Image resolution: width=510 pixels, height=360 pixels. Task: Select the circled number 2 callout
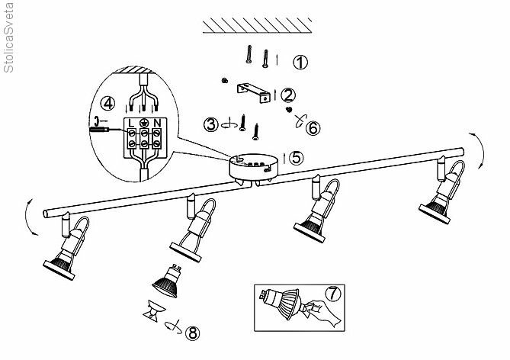(287, 95)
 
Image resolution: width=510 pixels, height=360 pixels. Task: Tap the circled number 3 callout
(210, 124)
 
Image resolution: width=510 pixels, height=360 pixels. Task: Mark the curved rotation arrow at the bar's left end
(29, 218)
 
